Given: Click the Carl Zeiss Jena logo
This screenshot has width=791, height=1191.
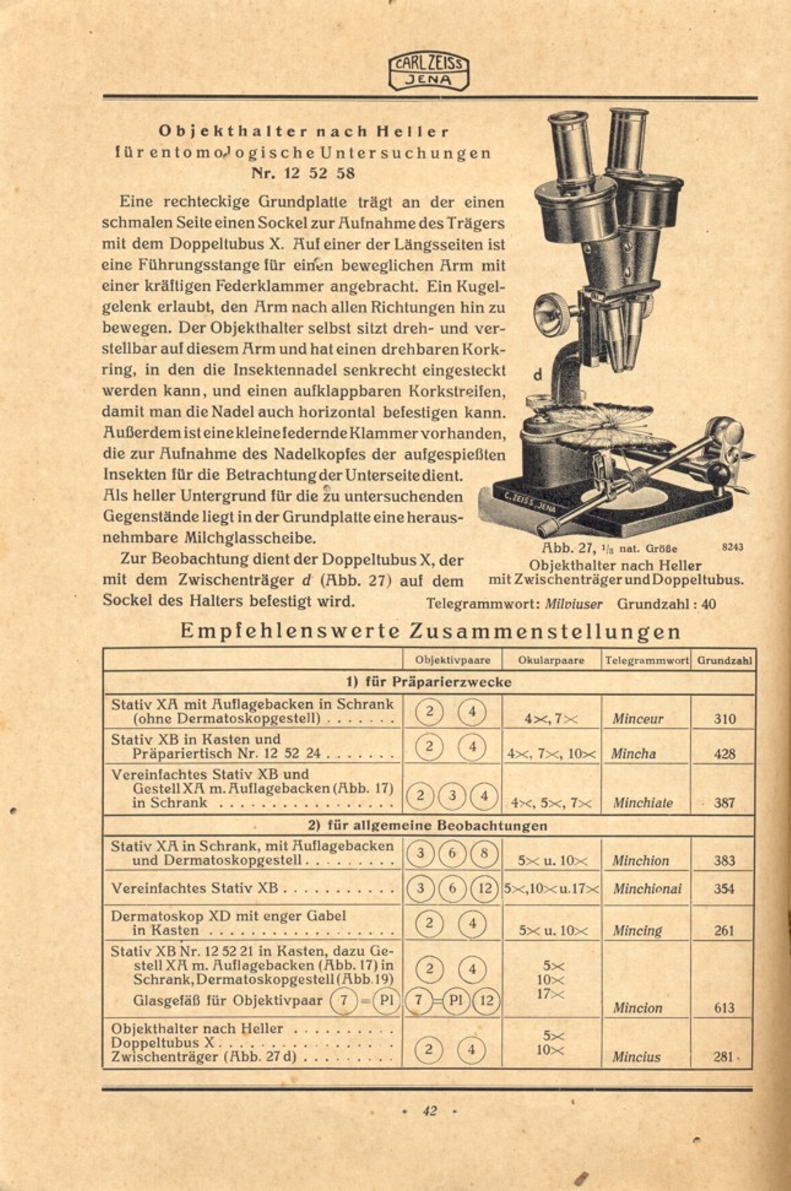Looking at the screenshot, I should point(429,71).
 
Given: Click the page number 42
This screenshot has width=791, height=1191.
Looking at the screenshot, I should point(429,1111).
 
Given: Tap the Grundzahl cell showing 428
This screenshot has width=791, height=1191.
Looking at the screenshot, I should point(724,754).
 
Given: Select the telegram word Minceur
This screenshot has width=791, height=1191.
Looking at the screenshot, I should point(637,719).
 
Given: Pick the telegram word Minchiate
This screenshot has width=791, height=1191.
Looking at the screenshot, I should point(643,803).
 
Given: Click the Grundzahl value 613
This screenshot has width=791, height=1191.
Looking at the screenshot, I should point(724,1008).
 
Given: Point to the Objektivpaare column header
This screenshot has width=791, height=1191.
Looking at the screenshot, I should point(453,661).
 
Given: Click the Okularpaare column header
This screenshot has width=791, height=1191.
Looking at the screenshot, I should point(551,661).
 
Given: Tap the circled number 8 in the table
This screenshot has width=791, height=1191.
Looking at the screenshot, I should point(485,854).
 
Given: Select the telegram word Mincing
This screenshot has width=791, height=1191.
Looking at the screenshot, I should point(637,930).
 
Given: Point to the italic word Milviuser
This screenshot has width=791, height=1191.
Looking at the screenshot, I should point(573,604).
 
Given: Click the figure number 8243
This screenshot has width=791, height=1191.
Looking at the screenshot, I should point(732,546).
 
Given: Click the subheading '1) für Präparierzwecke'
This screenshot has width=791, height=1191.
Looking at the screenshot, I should point(429,682).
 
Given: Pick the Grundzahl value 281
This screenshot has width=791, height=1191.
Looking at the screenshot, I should point(724,1057).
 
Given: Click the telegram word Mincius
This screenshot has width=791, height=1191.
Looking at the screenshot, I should point(636,1057).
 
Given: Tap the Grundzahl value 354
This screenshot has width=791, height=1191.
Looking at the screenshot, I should point(724,889).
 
